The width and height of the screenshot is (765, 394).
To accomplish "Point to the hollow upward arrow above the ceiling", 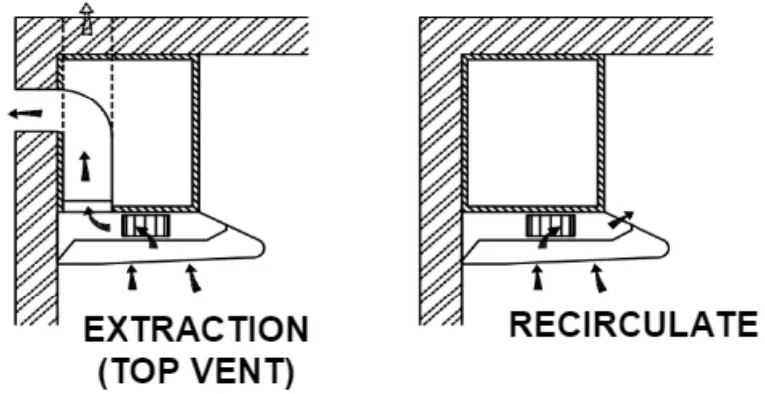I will click(x=86, y=17).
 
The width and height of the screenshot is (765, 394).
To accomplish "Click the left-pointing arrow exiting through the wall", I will click(x=25, y=113).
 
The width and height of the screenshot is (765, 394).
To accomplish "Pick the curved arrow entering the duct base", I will click(x=96, y=217).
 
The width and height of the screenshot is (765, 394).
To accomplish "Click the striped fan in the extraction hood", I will click(x=139, y=226).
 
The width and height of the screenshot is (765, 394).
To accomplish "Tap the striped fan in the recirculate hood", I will click(x=547, y=226).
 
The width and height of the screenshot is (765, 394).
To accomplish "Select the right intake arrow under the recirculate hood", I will click(x=598, y=280).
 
